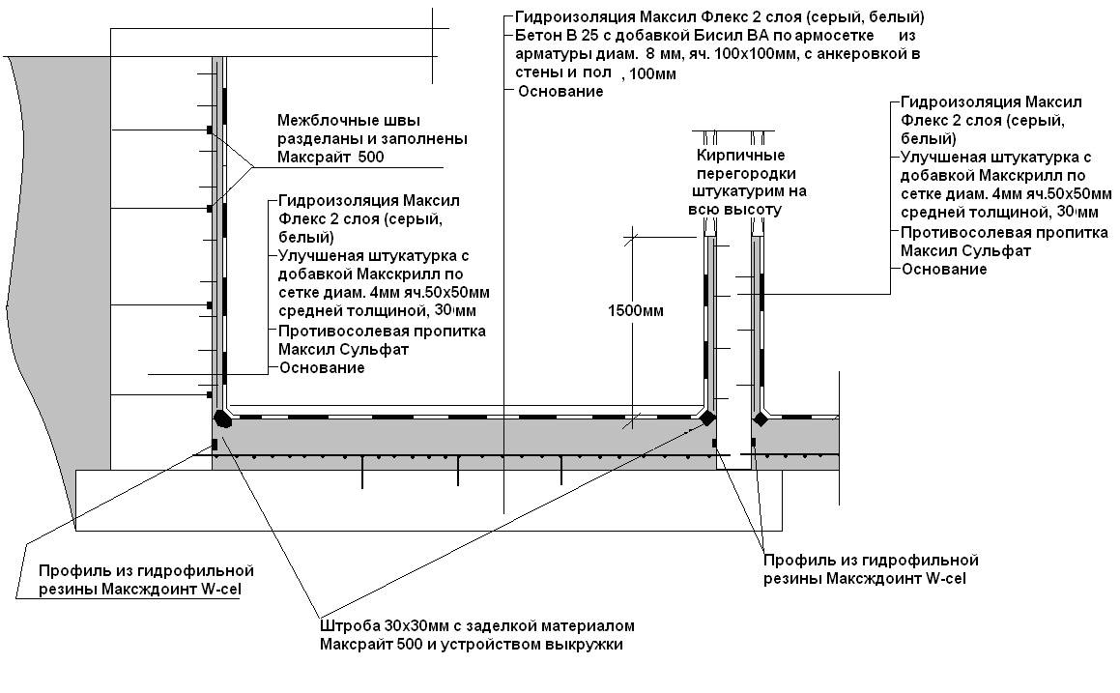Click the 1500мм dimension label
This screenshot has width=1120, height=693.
pos(636,311)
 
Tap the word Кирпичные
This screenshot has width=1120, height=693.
pos(741,155)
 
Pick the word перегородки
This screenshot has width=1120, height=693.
pos(746,174)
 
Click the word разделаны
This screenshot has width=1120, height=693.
pos(315,138)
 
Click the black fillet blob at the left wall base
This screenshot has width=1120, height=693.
pos(223,418)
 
